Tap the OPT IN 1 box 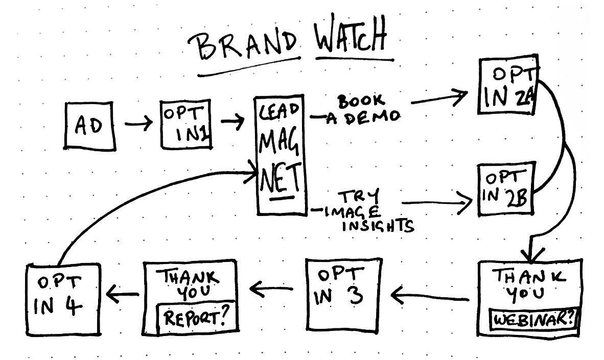(x=185, y=124)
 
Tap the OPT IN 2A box (x=507, y=86)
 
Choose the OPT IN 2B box (x=505, y=188)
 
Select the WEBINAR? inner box (x=531, y=320)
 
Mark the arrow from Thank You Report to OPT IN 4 (x=123, y=294)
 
